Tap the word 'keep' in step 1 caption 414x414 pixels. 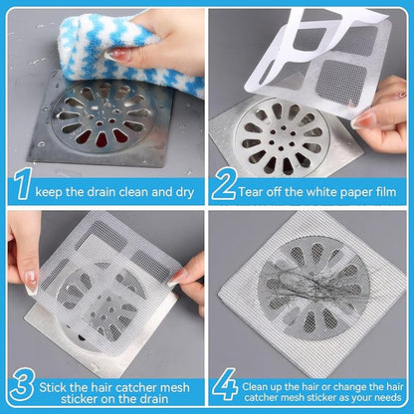tap(56, 188)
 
